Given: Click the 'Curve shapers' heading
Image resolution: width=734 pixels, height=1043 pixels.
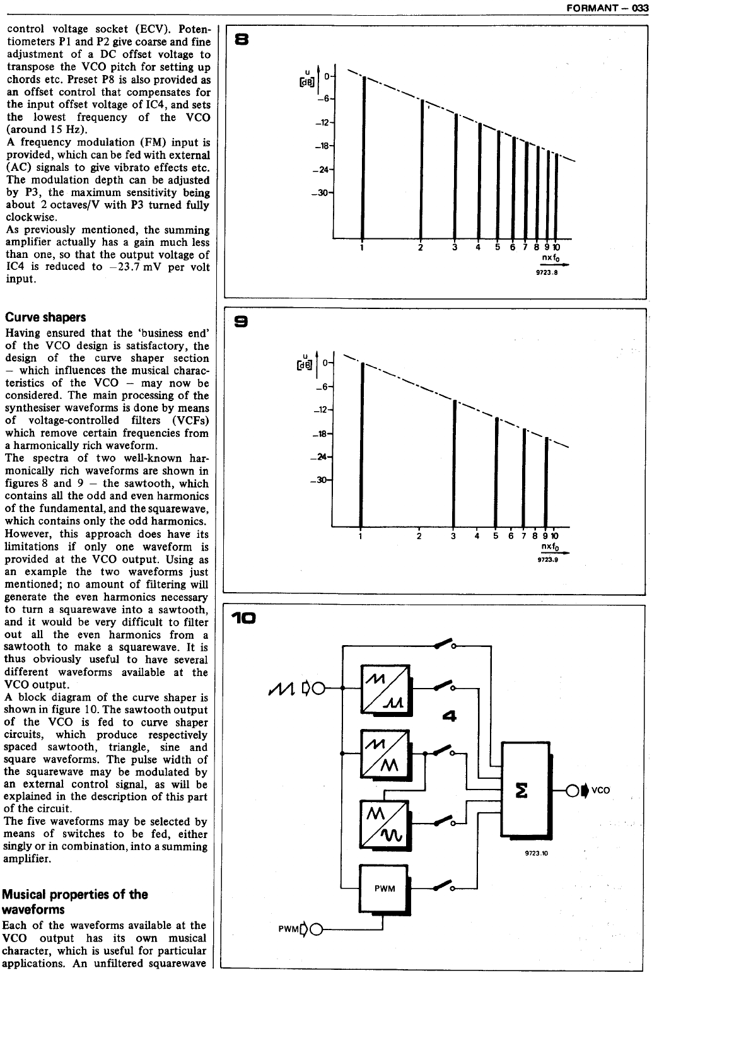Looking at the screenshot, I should tap(46, 317).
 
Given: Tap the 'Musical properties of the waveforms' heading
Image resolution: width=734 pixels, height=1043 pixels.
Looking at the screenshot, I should tap(75, 902).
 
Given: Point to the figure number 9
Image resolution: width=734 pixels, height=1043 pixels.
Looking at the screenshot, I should tap(241, 323).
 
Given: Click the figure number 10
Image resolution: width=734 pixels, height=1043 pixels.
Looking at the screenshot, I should tap(243, 619).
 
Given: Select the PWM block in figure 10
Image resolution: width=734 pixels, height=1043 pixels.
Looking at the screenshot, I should tap(384, 889).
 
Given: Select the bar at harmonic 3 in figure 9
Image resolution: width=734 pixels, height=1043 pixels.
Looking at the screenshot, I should tap(454, 463).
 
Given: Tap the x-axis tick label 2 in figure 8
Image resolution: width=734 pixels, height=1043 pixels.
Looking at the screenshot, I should tap(420, 247).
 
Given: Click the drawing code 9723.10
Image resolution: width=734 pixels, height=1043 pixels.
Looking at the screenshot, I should tap(537, 853).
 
